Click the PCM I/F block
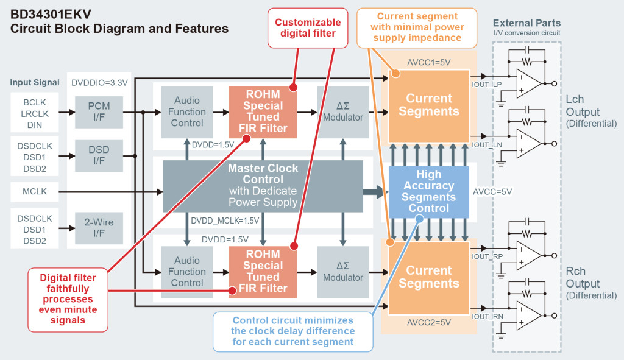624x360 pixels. tap(99, 112)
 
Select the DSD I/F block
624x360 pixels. tap(99, 155)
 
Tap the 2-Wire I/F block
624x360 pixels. tap(99, 228)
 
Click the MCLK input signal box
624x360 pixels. tap(35, 192)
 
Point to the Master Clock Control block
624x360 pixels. tap(263, 186)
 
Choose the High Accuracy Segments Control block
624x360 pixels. tap(428, 192)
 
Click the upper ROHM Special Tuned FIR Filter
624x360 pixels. tap(263, 112)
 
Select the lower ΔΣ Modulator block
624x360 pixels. tap(343, 272)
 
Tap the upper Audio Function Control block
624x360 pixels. tap(187, 112)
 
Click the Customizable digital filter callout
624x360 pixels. tap(308, 28)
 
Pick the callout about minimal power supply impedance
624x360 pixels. tap(417, 27)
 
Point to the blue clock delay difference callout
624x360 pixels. tap(293, 332)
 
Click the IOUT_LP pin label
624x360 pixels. tap(487, 85)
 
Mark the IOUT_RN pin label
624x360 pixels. tap(487, 317)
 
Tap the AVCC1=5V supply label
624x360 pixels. tap(429, 63)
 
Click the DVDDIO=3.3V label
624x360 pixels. tap(99, 83)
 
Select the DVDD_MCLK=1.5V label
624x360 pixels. tap(225, 221)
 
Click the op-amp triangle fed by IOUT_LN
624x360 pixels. tap(528, 144)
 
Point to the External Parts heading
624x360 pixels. tap(527, 23)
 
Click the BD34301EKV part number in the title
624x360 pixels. tap(51, 15)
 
